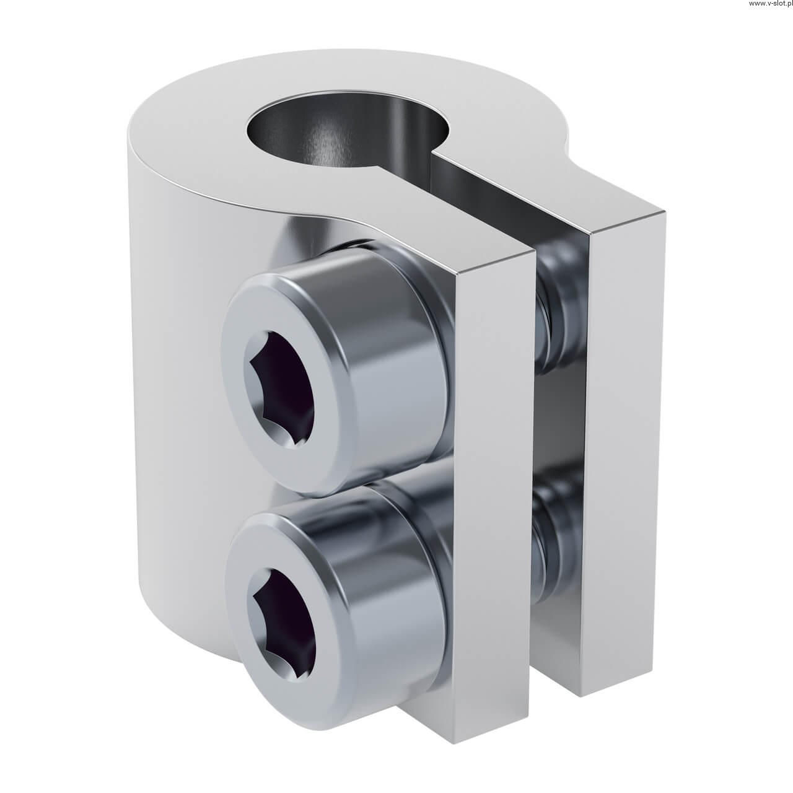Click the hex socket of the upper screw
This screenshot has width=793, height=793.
click(x=281, y=388)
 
